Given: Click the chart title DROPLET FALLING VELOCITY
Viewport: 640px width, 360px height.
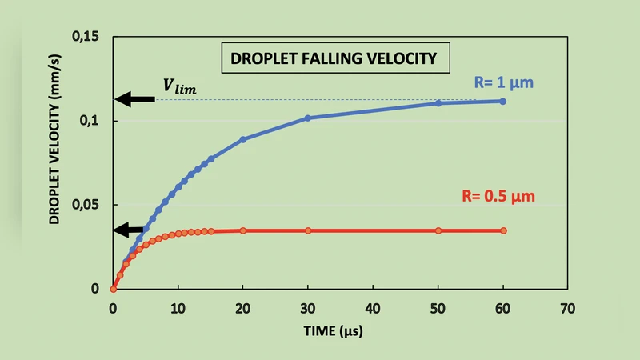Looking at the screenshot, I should (x=334, y=59).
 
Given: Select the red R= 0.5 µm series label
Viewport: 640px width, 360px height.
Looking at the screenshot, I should (x=500, y=195).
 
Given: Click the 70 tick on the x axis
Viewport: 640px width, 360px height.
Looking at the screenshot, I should (x=568, y=307).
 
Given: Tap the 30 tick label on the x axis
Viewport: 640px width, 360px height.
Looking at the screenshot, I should (x=308, y=307).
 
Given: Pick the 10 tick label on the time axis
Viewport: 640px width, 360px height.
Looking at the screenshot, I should (x=178, y=307).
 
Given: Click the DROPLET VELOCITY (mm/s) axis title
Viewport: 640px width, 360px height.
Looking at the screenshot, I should (x=54, y=162).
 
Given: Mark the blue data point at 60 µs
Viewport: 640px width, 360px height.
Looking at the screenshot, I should (x=502, y=102).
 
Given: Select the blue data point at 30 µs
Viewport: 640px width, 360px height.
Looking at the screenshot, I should (x=308, y=118).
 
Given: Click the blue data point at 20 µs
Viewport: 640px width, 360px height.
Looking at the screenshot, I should (x=243, y=139).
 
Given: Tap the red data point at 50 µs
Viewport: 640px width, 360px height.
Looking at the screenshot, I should (x=438, y=230).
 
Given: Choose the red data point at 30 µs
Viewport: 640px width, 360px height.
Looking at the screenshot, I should (x=308, y=230).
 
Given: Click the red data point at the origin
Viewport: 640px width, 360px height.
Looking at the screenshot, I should (x=113, y=289).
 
